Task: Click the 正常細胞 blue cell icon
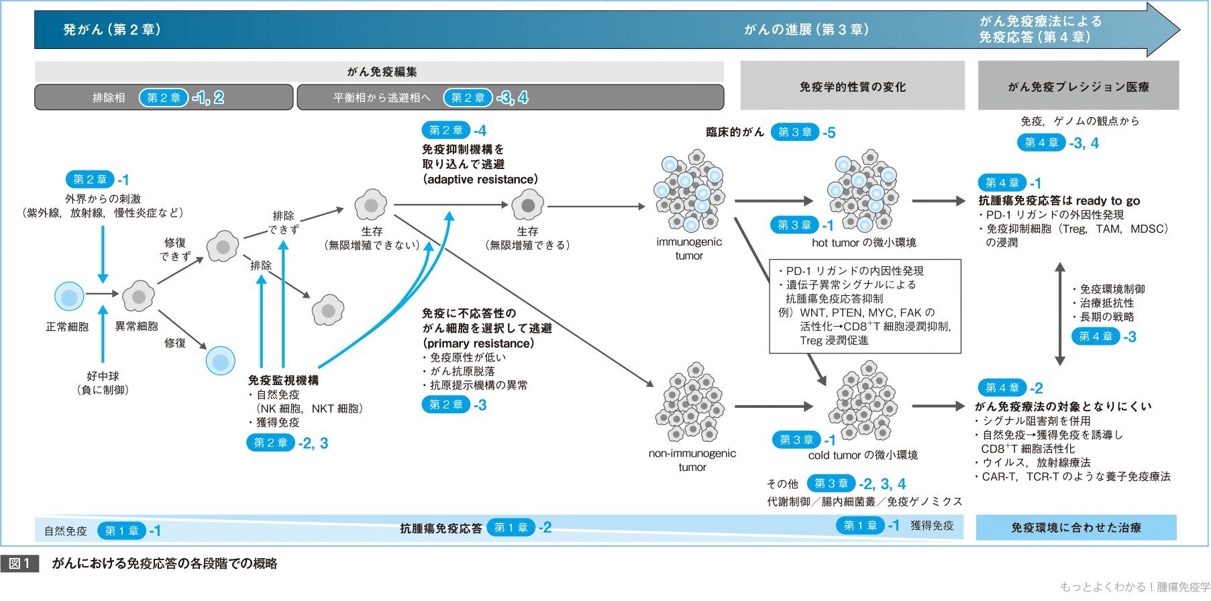[69, 296]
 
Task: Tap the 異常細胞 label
[136, 327]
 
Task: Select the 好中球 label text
[103, 376]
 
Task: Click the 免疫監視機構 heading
[283, 380]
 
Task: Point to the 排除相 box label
[109, 98]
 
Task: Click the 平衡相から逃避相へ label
[382, 98]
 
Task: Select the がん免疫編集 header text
[382, 72]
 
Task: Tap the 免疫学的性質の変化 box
[852, 87]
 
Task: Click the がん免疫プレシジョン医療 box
[1078, 87]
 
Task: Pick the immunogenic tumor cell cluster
[690, 192]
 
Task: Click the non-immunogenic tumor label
[692, 460]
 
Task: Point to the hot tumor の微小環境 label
[863, 243]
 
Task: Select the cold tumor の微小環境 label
[863, 455]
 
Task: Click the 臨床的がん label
[735, 132]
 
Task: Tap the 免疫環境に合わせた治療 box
[1076, 528]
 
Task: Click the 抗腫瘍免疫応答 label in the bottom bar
[441, 529]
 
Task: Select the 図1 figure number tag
[19, 563]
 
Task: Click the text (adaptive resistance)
[480, 180]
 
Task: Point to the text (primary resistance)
[478, 343]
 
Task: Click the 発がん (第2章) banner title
[112, 30]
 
